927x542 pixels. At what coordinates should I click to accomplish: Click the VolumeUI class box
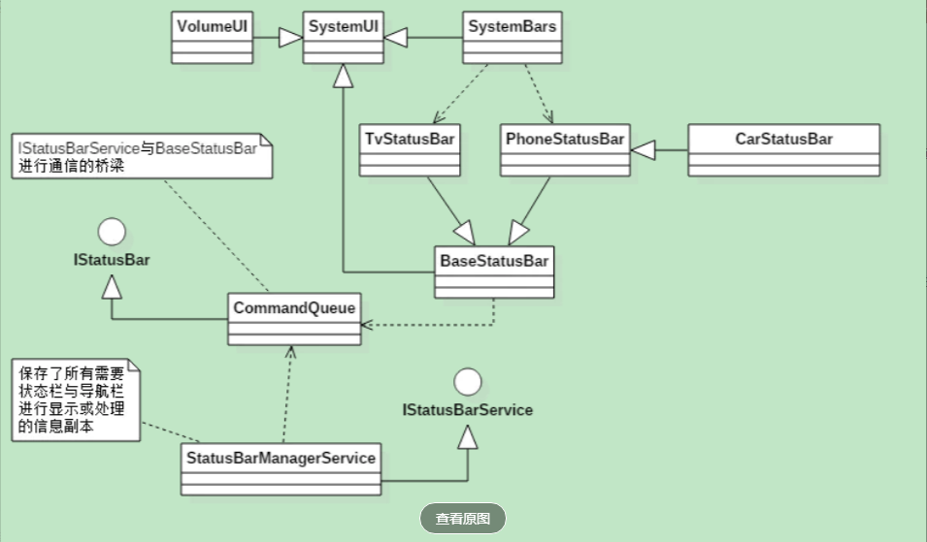click(212, 38)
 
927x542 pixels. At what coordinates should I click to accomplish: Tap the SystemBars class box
click(512, 38)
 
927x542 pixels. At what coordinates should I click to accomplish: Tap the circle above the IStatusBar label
click(113, 232)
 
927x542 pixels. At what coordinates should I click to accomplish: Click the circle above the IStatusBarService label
click(469, 381)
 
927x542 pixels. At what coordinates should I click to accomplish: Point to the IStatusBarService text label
click(468, 410)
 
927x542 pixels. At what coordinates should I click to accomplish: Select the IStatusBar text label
click(113, 260)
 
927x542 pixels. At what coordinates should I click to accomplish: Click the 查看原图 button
click(463, 519)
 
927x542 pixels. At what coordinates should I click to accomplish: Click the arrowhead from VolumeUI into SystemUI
click(290, 38)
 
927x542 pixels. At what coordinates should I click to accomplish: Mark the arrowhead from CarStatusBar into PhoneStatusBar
click(644, 149)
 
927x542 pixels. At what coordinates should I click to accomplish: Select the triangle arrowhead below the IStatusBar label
click(113, 285)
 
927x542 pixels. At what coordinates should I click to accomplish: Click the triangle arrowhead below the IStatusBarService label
click(469, 437)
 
